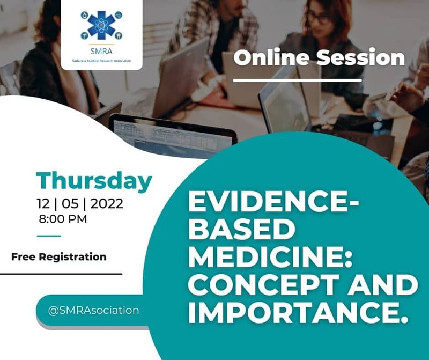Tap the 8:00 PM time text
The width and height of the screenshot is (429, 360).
(x=63, y=218)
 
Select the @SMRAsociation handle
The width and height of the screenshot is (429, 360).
(x=94, y=310)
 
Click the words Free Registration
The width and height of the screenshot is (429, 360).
(x=58, y=256)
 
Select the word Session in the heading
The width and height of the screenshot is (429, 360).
(x=359, y=57)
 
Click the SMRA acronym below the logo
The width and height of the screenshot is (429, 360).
(x=101, y=52)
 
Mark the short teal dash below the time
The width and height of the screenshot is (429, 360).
(x=49, y=236)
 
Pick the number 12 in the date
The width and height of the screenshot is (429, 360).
(x=43, y=204)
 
